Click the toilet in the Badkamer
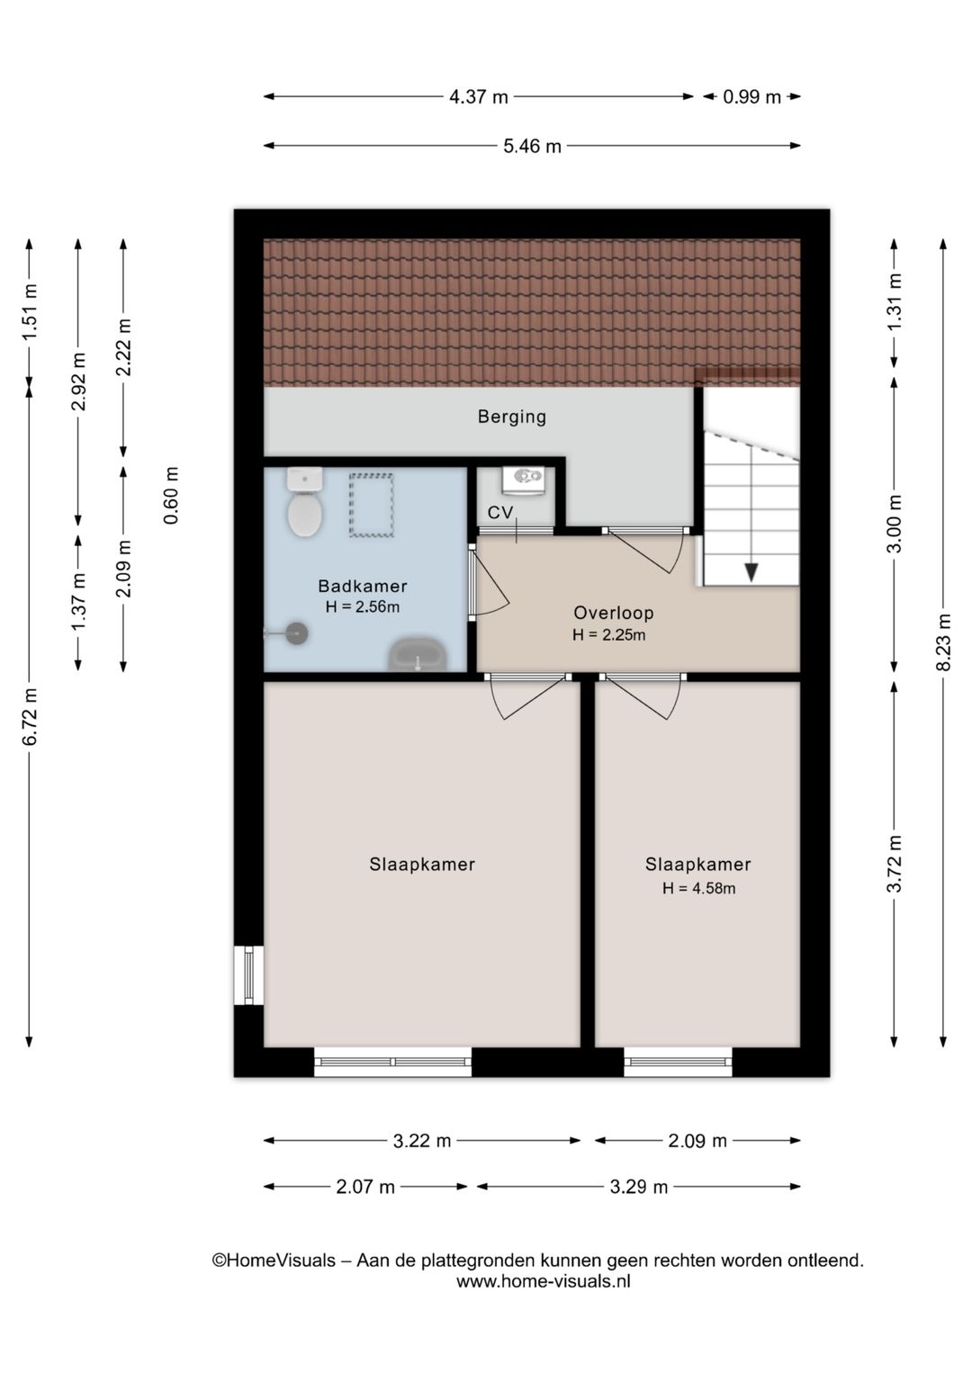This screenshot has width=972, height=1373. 305,502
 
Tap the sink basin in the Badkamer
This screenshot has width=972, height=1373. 418,655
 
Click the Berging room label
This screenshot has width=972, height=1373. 512,417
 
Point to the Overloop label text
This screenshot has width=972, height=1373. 613,613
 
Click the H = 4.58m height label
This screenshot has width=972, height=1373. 698,888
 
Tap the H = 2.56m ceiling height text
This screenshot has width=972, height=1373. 363,606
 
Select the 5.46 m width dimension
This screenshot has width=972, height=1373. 532,147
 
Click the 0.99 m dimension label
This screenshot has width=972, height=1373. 751,97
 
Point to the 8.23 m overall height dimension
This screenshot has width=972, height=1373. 944,642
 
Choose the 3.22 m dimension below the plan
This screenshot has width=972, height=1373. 422,1141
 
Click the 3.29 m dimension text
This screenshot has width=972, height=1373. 638,1188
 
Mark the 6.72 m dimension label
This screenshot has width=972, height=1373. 30,716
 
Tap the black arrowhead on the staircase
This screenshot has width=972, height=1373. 751,572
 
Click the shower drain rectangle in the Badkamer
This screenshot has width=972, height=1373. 371,505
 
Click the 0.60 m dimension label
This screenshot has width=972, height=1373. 171,495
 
